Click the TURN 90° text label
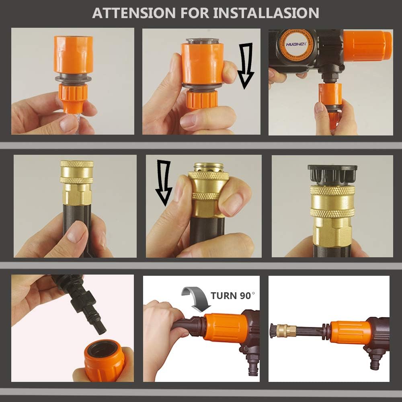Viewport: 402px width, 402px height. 233,295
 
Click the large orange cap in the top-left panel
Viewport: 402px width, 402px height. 73,55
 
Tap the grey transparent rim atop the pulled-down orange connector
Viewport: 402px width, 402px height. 202,41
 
